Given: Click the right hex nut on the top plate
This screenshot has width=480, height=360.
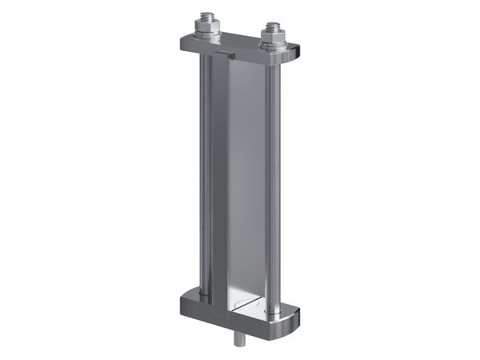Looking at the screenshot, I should [x=270, y=36].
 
